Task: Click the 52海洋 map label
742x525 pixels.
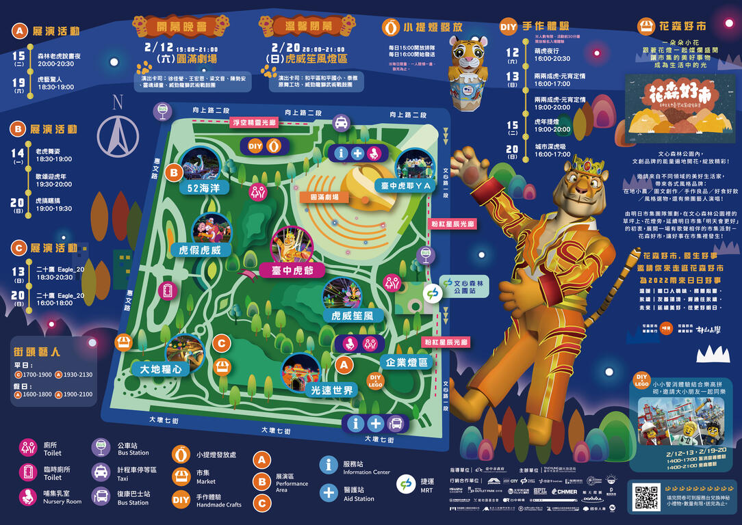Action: [203, 187]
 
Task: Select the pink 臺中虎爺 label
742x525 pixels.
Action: [292, 271]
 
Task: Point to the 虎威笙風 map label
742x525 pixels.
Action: [352, 316]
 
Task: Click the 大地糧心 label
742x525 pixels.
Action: [160, 368]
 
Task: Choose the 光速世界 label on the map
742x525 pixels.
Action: [332, 390]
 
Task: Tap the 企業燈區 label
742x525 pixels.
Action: [407, 362]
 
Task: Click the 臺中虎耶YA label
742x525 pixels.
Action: [405, 185]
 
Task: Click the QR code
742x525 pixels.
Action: [646, 497]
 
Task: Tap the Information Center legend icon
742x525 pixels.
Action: [329, 465]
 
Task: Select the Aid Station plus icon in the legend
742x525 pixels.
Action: [329, 493]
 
